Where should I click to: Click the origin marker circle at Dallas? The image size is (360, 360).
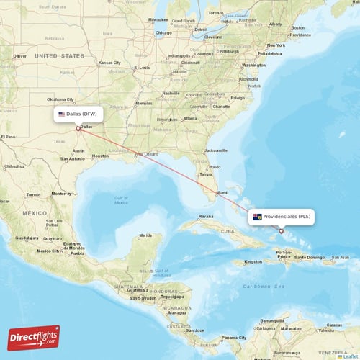78,129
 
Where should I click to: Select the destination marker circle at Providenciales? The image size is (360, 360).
281,231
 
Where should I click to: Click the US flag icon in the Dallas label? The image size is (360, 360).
62,114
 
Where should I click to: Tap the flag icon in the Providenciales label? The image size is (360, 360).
256,216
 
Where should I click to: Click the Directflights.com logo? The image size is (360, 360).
35,337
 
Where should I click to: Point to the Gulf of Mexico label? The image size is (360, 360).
120,199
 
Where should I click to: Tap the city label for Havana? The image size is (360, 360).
207,216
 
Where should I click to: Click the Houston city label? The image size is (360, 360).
100,156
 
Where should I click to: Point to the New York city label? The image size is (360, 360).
278,45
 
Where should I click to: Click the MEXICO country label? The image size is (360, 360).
34,213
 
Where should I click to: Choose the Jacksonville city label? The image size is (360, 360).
216,150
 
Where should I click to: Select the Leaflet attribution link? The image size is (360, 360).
350,356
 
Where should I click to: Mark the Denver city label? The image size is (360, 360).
19,55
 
